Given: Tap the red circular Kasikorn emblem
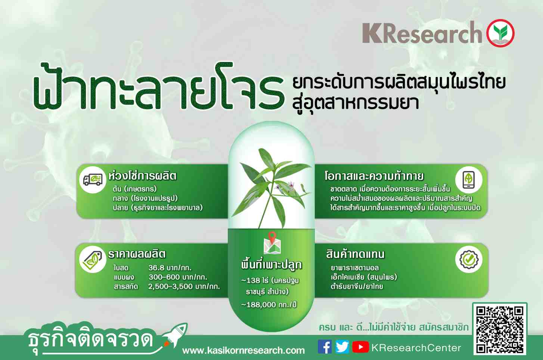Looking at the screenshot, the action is [500, 33].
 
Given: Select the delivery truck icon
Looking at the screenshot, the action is [93, 180].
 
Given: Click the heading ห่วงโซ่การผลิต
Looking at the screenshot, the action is [143, 176].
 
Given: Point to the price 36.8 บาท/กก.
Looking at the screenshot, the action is [170, 268].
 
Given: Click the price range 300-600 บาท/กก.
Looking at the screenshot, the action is [178, 277].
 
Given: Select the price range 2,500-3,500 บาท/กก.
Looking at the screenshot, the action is [184, 286].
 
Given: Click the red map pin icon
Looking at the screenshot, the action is [272, 237].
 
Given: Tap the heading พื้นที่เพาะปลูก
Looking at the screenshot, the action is [271, 264].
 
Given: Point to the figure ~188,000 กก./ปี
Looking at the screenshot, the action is [269, 304].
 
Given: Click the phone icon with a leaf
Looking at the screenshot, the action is [469, 180].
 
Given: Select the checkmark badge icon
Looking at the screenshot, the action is [469, 260].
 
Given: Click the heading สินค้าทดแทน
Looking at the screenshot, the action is [355, 254].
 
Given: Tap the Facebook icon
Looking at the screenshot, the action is [325, 347].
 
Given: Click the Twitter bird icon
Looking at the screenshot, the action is [342, 347].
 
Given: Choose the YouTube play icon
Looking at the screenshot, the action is [360, 347].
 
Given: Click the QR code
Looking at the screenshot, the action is [500, 329].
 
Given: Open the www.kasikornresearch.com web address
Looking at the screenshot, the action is [243, 350].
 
